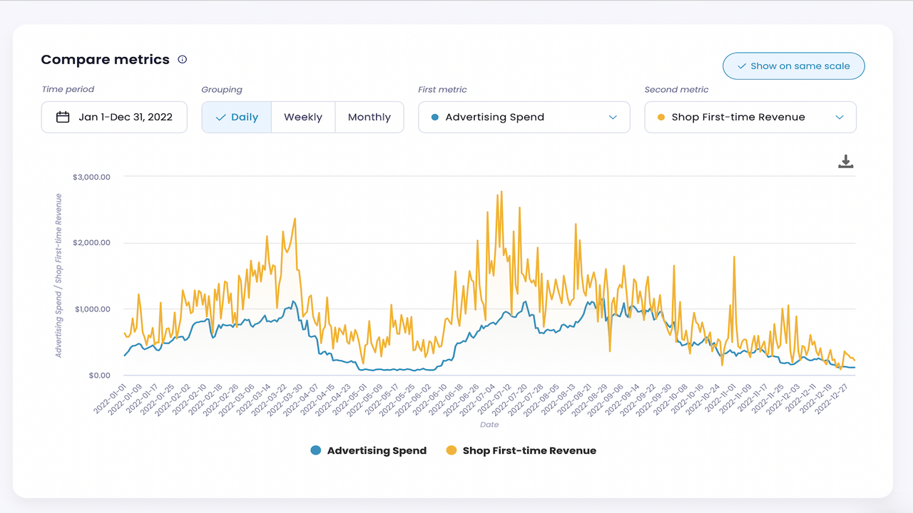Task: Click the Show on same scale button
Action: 793,66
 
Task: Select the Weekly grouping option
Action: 303,118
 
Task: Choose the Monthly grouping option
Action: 369,118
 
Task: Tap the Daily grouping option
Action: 237,118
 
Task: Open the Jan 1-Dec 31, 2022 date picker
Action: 114,118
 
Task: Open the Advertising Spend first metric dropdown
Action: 524,118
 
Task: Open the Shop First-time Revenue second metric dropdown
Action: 750,118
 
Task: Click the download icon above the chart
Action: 845,162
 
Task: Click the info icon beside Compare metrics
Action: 183,60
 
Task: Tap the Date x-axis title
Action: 489,425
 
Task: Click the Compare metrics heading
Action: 105,60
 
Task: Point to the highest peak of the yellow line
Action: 501,192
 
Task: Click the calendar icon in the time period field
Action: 63,118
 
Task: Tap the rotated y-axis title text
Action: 58,275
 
